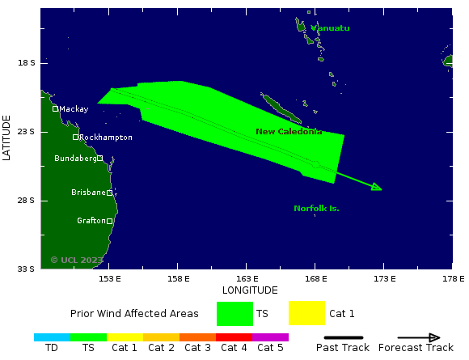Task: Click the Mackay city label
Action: [x=74, y=108]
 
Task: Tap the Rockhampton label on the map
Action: [x=106, y=138]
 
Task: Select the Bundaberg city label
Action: [x=74, y=159]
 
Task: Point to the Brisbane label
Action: [x=88, y=193]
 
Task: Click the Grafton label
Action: [x=91, y=221]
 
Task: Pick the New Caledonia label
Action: [x=289, y=132]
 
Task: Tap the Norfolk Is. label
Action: [x=316, y=209]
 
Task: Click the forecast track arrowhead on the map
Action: [x=377, y=188]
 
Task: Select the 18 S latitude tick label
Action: [x=27, y=63]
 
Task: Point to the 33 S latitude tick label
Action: [x=27, y=269]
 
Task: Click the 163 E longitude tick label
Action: [x=247, y=278]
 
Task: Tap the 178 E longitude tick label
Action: [x=452, y=278]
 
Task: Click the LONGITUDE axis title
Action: [x=250, y=290]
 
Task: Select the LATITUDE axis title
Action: [x=7, y=138]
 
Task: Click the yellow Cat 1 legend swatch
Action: [x=306, y=313]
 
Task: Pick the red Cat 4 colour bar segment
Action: [x=234, y=337]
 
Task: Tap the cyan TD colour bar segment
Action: [x=52, y=337]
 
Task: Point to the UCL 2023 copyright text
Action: [x=77, y=260]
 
